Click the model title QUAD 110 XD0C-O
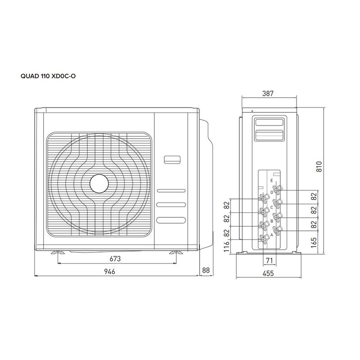point(48,76)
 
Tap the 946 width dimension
point(109,271)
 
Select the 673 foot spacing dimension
point(115,259)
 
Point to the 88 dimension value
point(206,270)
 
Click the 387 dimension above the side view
point(268,94)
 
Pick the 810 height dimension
point(319,166)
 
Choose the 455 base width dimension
point(268,273)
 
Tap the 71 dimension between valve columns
point(269,261)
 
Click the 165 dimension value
point(314,243)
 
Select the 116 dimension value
point(226,247)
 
